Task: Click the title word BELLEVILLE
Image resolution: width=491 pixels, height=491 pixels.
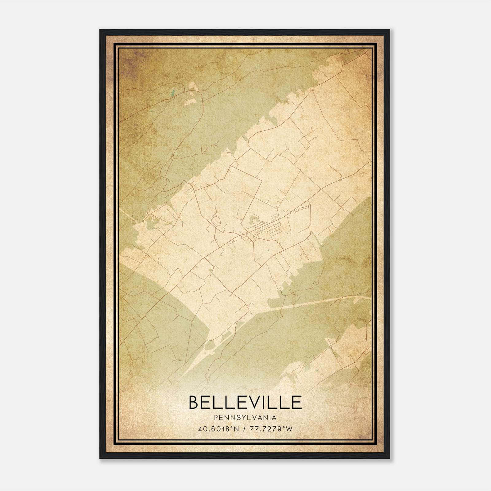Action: pos(245,402)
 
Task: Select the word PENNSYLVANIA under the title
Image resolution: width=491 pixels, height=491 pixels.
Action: pos(245,418)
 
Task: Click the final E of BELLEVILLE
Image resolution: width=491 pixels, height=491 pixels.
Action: pos(296,402)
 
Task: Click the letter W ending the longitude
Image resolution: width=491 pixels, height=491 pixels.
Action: pos(289,429)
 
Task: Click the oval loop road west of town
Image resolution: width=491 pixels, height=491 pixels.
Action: pos(216,221)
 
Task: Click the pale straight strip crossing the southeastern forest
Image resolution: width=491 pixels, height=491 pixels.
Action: pos(322,302)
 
